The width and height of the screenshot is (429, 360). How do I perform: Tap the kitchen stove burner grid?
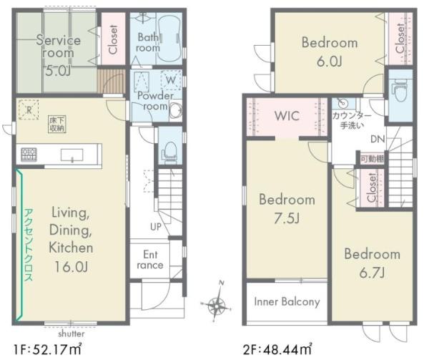(29, 154)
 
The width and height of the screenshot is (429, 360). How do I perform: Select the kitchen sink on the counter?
(71, 155)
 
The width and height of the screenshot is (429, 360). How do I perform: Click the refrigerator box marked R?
(29, 110)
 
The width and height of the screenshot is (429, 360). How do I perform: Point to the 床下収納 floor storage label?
(57, 125)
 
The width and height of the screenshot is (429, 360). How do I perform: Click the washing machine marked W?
(171, 80)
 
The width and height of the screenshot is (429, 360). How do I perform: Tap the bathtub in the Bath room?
(169, 38)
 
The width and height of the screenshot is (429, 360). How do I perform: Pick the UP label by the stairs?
(155, 227)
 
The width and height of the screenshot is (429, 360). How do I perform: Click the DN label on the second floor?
(378, 139)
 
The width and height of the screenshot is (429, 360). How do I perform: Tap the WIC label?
(287, 116)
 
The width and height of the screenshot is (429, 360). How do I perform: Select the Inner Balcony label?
(287, 302)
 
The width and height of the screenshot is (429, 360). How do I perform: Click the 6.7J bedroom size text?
(372, 273)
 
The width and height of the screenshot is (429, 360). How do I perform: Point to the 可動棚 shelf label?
(372, 159)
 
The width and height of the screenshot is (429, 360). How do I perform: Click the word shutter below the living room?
(71, 334)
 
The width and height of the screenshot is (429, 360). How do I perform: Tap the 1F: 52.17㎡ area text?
(48, 349)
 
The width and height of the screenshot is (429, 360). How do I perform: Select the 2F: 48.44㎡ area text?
(277, 349)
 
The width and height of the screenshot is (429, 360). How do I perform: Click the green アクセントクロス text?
(29, 245)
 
